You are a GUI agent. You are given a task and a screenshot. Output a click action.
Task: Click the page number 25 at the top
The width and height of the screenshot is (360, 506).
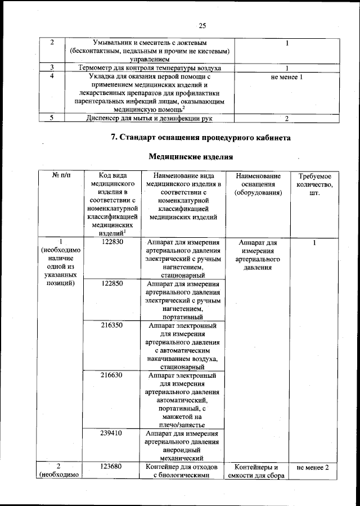(x=203, y=25)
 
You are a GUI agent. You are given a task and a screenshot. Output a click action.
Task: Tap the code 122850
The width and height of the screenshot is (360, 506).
(x=112, y=284)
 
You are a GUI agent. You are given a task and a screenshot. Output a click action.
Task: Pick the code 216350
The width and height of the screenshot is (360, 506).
(x=112, y=326)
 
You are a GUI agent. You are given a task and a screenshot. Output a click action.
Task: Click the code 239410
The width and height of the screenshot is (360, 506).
(x=112, y=433)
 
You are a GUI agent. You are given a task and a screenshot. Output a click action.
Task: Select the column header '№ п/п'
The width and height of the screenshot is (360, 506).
(x=62, y=176)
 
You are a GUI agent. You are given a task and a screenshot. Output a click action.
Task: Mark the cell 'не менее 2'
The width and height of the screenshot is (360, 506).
(x=314, y=467)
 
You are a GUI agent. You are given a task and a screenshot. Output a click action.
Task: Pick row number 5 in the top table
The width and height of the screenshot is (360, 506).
(x=52, y=118)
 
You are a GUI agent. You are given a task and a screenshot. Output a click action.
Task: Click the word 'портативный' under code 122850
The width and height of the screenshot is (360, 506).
(x=181, y=317)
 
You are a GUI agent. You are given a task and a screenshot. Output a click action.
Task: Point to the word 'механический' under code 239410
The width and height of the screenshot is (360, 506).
(x=181, y=458)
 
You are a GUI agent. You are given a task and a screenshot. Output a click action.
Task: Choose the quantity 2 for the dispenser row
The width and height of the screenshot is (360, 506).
(x=287, y=118)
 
